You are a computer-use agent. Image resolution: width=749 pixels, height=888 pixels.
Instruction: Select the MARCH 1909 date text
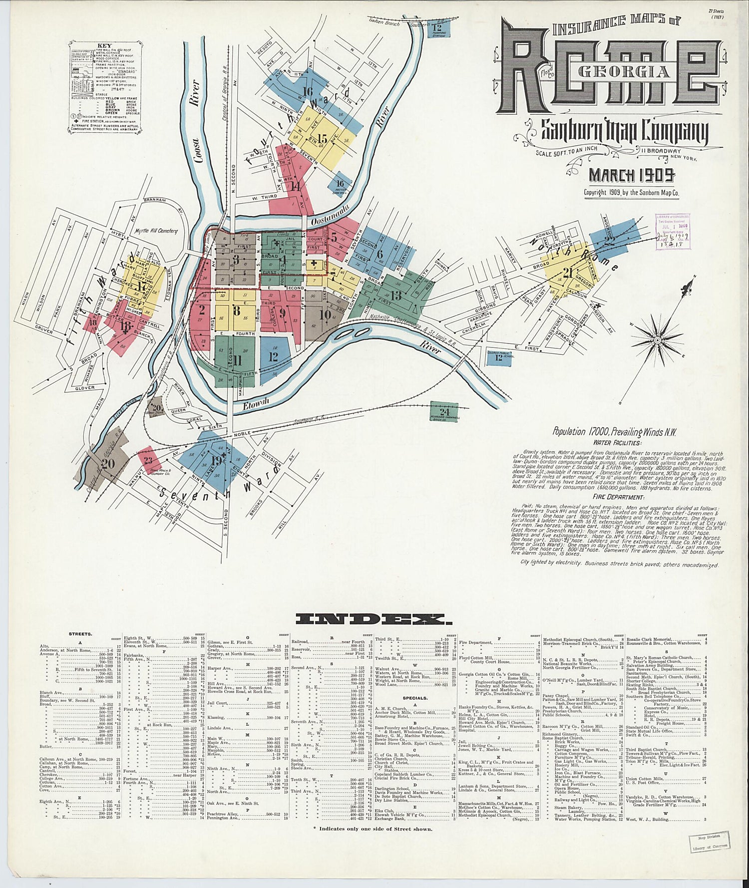(x=632, y=175)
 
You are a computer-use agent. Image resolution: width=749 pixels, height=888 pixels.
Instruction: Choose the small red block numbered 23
(x=148, y=460)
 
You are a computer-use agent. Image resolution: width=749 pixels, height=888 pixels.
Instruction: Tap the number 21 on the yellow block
(x=567, y=273)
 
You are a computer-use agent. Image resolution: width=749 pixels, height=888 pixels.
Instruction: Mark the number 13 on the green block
(x=396, y=296)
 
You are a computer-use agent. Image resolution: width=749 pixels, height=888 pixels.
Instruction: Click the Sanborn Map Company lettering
(x=625, y=132)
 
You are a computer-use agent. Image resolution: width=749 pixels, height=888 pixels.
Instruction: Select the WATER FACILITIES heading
(x=617, y=442)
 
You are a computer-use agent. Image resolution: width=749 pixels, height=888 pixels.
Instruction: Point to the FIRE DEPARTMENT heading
(x=618, y=497)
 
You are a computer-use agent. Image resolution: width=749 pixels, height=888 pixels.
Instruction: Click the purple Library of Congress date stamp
(x=672, y=230)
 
